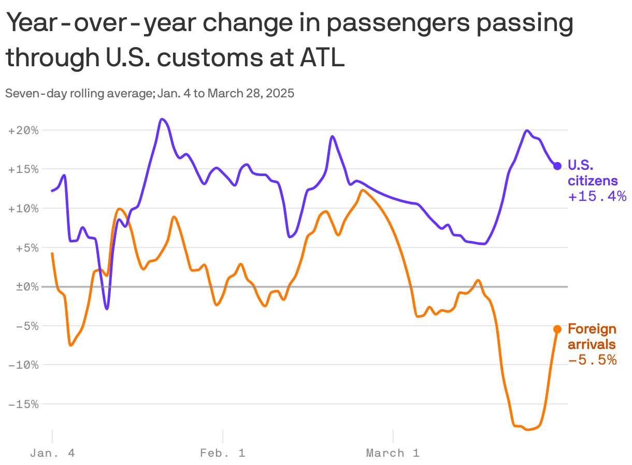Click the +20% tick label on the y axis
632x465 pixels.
point(24,130)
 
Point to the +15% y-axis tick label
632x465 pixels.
point(24,169)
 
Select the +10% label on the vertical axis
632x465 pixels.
point(24,209)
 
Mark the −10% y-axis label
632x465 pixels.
point(24,365)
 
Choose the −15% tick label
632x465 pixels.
point(24,404)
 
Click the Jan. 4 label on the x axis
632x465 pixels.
point(52,453)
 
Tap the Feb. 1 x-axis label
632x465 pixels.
point(223,453)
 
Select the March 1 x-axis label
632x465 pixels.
point(393,453)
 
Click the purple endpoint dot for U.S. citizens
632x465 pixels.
point(557,166)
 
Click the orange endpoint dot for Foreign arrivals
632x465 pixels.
point(557,329)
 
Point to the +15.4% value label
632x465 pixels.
point(597,197)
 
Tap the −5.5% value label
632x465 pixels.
point(592,360)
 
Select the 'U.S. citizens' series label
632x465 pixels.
point(593,173)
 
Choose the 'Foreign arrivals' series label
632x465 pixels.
point(592,337)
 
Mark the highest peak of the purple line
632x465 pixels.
point(162,119)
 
